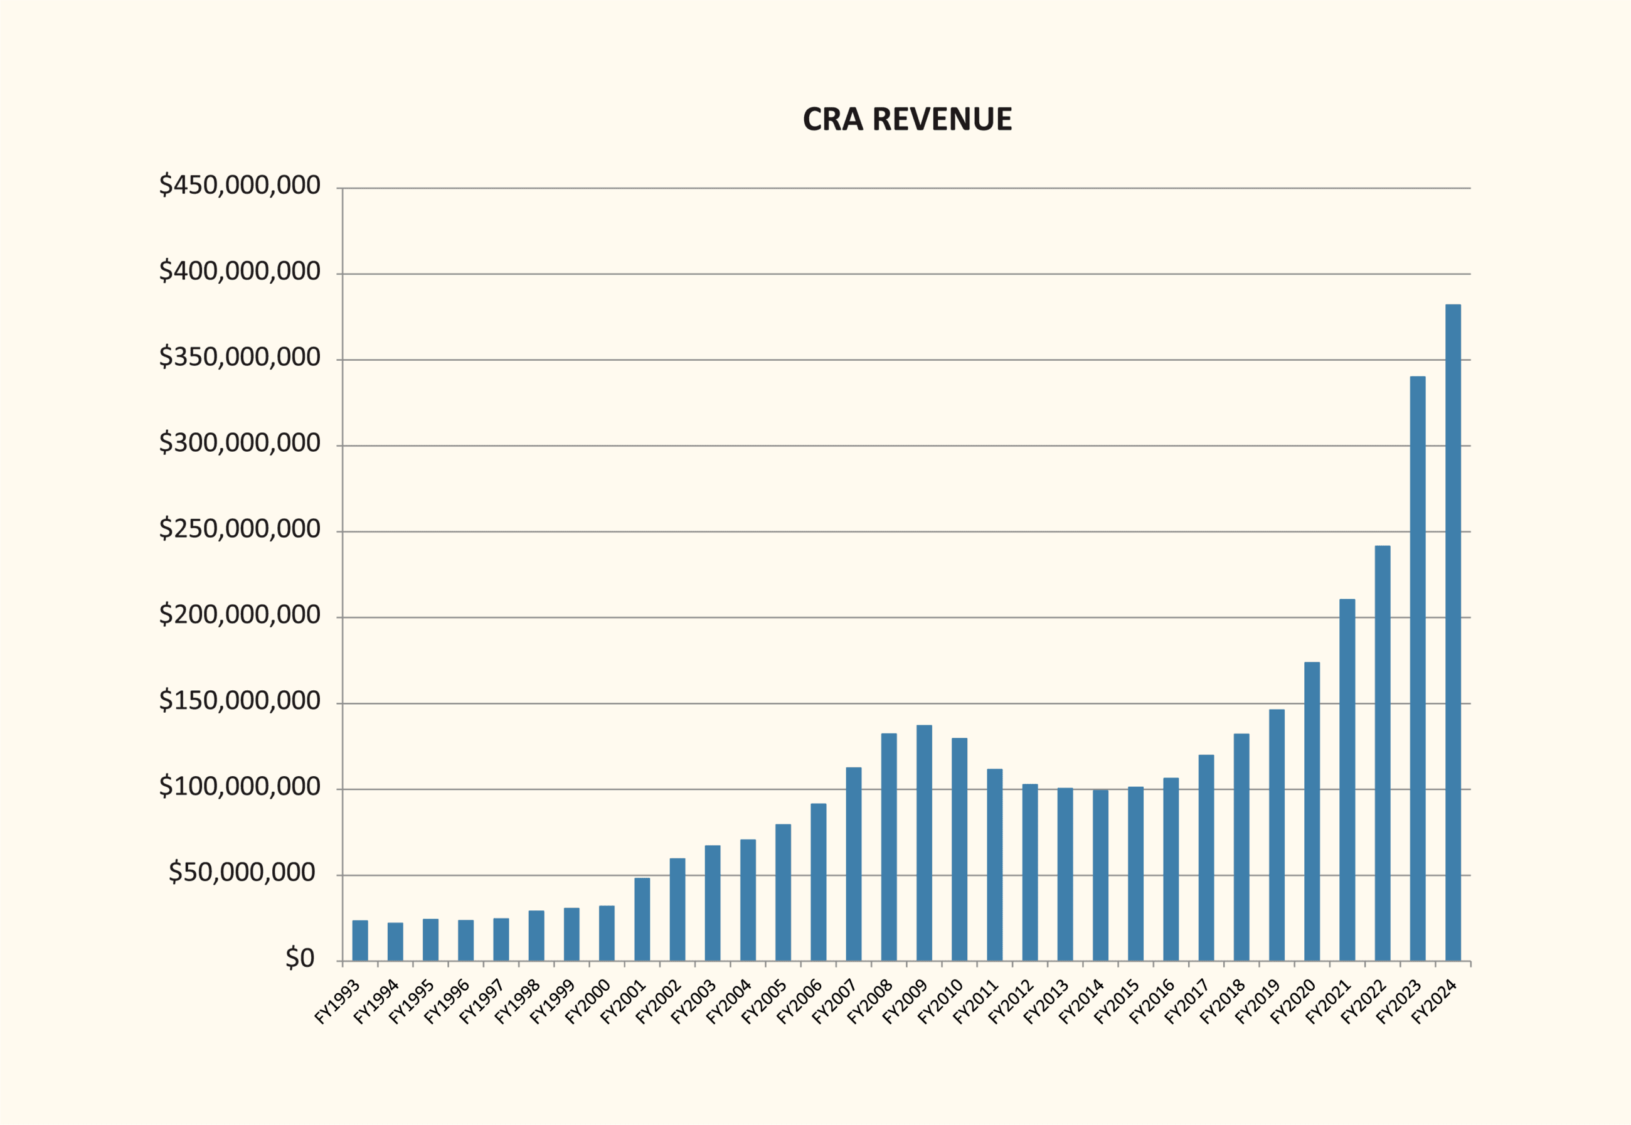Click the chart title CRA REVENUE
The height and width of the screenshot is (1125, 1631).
(906, 119)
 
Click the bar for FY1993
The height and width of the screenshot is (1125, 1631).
(360, 941)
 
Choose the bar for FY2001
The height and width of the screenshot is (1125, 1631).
(642, 919)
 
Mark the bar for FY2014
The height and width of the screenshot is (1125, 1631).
(1100, 875)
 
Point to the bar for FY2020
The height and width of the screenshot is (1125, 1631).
(1312, 811)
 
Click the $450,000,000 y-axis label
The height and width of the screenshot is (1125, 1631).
(240, 185)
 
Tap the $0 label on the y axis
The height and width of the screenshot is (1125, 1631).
(299, 959)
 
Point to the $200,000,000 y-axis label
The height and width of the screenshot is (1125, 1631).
(240, 615)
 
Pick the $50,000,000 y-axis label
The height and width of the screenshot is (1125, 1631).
(242, 873)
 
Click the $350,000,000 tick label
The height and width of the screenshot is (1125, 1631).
(240, 358)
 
